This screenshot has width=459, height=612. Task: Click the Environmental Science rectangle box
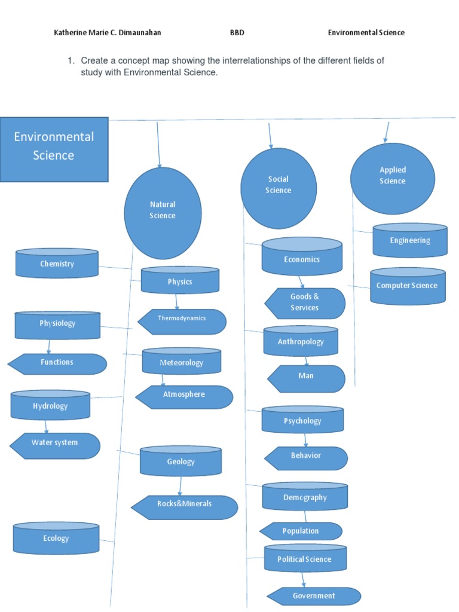click(x=54, y=149)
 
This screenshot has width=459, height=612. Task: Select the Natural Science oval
click(x=163, y=213)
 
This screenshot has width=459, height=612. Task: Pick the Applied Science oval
click(x=393, y=178)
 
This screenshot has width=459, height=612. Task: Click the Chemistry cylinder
click(x=57, y=264)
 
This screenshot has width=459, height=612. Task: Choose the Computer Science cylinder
click(x=408, y=286)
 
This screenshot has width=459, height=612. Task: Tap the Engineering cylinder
click(x=409, y=240)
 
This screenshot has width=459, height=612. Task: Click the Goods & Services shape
click(x=305, y=303)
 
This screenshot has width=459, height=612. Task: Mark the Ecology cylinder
click(x=56, y=538)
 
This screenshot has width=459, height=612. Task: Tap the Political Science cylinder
click(x=305, y=559)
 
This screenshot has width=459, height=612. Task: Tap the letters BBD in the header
click(x=237, y=33)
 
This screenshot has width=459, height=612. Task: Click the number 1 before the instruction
click(x=70, y=60)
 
